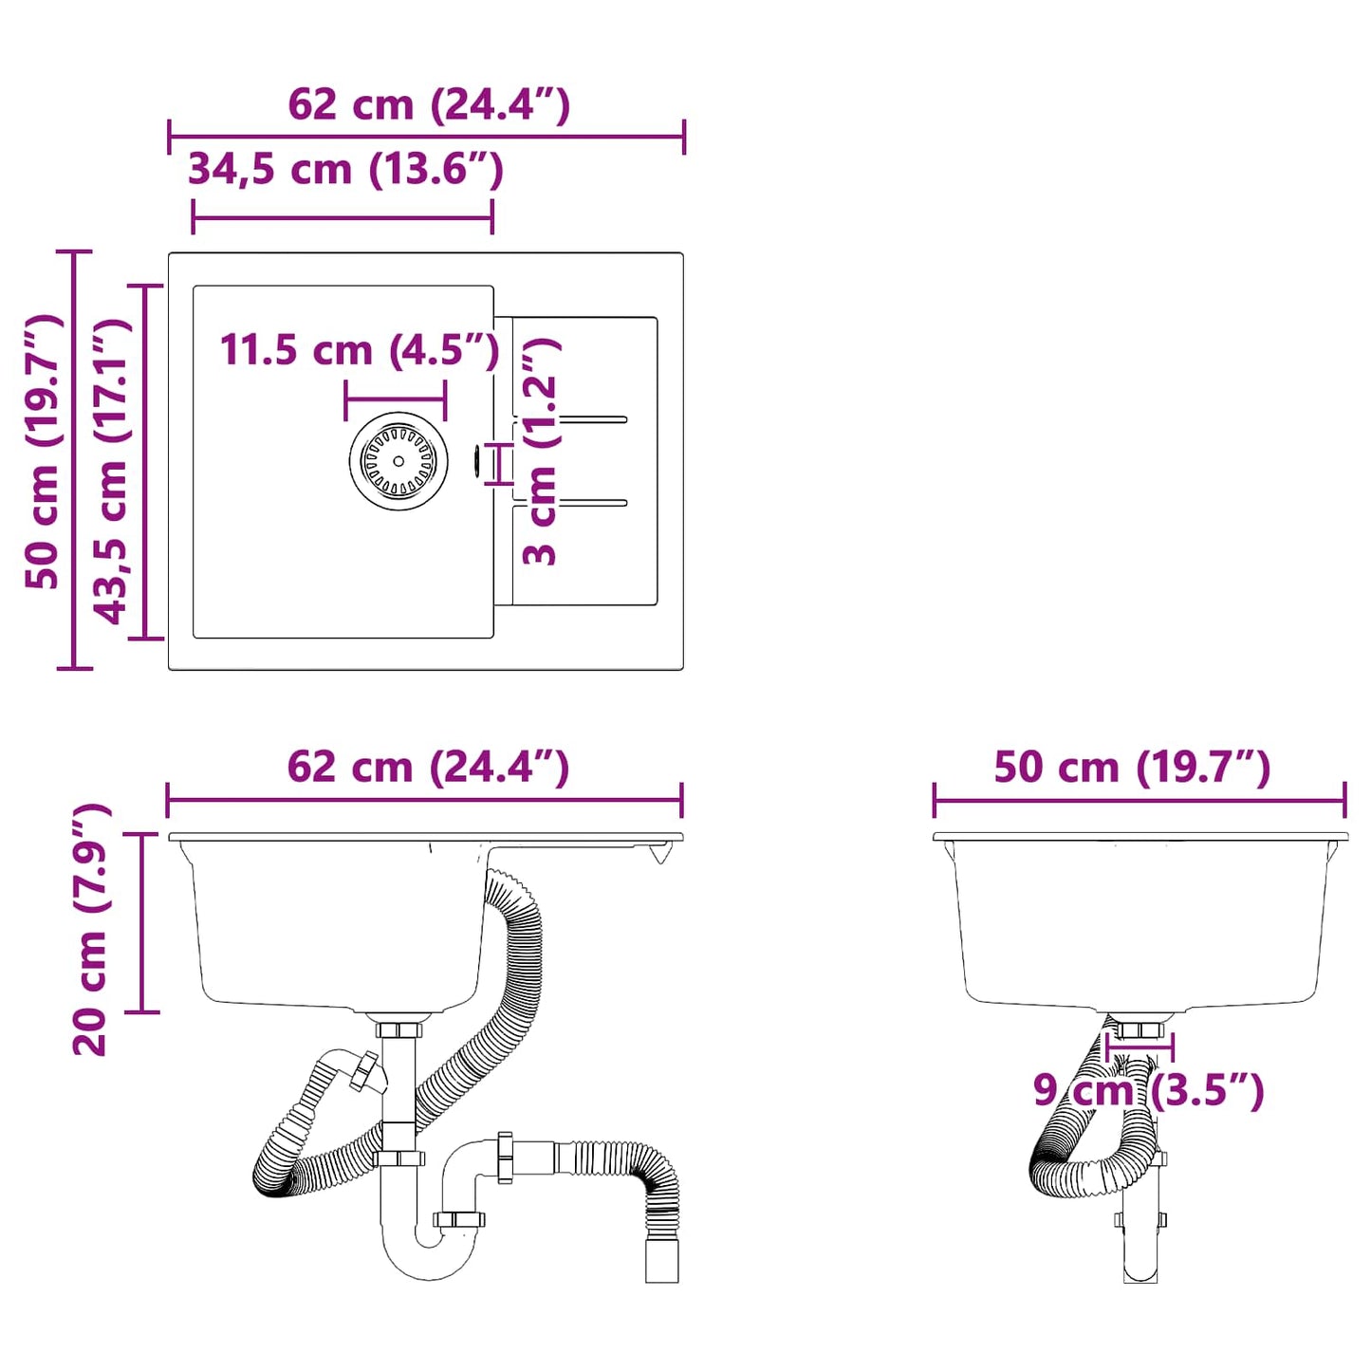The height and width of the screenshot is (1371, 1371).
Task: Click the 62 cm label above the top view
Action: tap(429, 104)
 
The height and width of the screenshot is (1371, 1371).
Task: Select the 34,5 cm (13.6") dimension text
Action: tap(345, 170)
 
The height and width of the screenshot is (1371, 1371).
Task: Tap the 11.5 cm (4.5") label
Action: tap(360, 350)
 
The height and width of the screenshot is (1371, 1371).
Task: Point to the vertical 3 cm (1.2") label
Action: tap(541, 452)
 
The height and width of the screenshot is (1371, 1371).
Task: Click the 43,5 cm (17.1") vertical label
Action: tap(111, 471)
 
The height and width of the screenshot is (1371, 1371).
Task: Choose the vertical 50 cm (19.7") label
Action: tap(44, 452)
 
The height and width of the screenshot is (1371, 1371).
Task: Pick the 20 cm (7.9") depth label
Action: tap(91, 929)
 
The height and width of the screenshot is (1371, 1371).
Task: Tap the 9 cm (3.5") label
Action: tap(1148, 1090)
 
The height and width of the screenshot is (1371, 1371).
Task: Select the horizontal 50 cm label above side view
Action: tap(1132, 767)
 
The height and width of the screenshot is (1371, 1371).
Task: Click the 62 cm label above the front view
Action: tap(428, 767)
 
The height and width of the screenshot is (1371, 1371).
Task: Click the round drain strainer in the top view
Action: tap(398, 461)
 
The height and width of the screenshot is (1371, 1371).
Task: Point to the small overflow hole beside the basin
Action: tap(476, 461)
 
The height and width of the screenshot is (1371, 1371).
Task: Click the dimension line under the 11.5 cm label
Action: tap(396, 399)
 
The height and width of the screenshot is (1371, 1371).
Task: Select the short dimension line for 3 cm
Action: tap(499, 463)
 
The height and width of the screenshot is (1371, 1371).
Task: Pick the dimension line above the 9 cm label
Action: tap(1139, 1047)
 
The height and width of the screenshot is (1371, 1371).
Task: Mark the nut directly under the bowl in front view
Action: tap(398, 1029)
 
